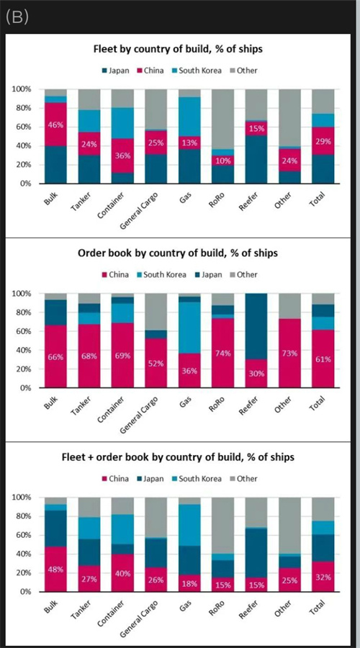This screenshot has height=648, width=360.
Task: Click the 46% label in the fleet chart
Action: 55,125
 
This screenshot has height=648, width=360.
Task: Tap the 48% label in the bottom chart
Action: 55,569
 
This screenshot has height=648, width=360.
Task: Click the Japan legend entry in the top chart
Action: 115,71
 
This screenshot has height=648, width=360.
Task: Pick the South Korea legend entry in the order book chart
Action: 162,274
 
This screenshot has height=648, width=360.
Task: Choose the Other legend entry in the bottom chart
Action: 244,479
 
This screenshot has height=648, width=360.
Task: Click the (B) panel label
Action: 17,17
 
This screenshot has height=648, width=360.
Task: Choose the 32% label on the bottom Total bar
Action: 323,577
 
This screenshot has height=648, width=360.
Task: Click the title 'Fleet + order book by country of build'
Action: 177,457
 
